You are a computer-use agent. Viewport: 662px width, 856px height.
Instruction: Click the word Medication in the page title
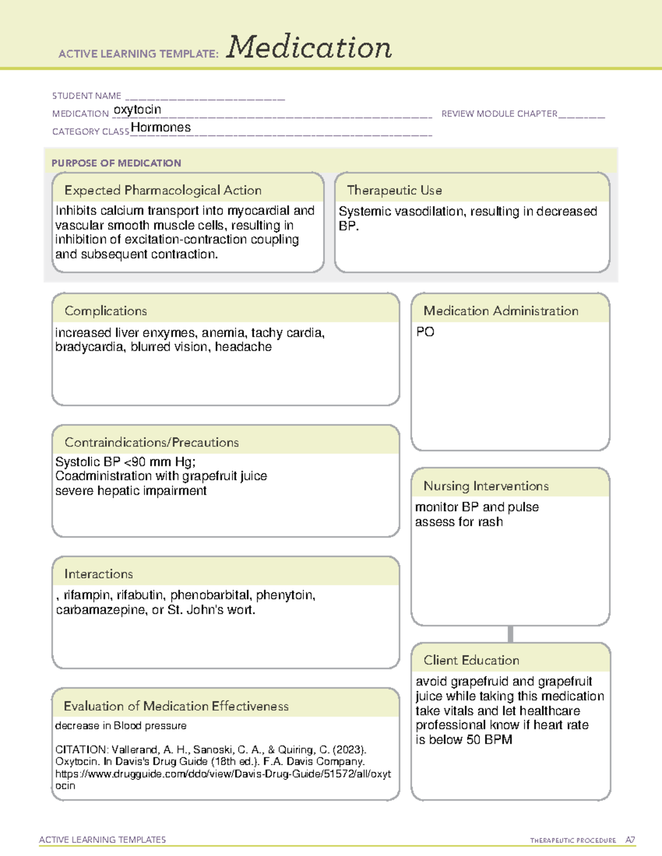pyautogui.click(x=308, y=47)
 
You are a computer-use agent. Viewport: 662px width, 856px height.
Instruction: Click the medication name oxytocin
pyautogui.click(x=137, y=110)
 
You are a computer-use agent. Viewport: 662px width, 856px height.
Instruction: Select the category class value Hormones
pyautogui.click(x=161, y=128)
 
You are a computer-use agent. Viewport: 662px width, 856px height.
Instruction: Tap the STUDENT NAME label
pyautogui.click(x=87, y=96)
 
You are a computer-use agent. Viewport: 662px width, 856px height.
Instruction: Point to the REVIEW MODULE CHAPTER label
pyautogui.click(x=499, y=114)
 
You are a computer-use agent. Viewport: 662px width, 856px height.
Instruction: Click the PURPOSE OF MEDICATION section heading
pyautogui.click(x=116, y=163)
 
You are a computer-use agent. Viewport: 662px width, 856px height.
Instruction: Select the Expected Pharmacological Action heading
pyautogui.click(x=163, y=191)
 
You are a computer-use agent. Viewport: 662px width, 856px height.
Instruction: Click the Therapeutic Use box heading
pyautogui.click(x=394, y=191)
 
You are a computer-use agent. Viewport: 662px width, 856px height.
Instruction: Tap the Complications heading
pyautogui.click(x=105, y=311)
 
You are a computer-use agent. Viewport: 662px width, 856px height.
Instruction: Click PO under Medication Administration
pyautogui.click(x=425, y=332)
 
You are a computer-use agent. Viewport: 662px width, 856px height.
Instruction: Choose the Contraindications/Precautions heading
pyautogui.click(x=152, y=443)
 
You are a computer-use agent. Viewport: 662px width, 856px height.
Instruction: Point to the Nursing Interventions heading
pyautogui.click(x=486, y=486)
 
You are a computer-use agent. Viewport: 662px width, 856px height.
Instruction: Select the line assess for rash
pyautogui.click(x=458, y=522)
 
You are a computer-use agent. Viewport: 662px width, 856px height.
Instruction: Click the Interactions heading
pyautogui.click(x=98, y=574)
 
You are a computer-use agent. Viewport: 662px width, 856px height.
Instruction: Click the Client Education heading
pyautogui.click(x=471, y=660)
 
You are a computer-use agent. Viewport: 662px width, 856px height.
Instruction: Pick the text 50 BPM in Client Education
pyautogui.click(x=489, y=740)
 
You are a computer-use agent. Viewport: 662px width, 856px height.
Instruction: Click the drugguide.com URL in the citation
pyautogui.click(x=223, y=774)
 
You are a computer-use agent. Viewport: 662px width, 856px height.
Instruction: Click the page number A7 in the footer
pyautogui.click(x=630, y=840)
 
